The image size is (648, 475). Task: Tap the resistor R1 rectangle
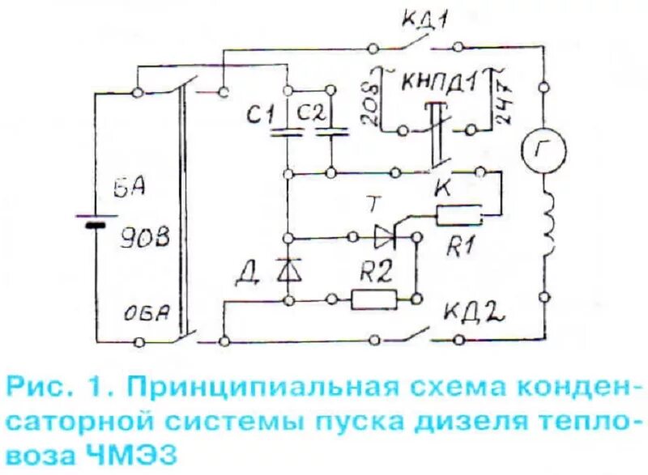[460, 216]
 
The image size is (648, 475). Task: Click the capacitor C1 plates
[287, 132]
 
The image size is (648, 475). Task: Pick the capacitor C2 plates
[330, 132]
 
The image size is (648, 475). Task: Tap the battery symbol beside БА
[96, 220]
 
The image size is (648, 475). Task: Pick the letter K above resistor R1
[444, 187]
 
